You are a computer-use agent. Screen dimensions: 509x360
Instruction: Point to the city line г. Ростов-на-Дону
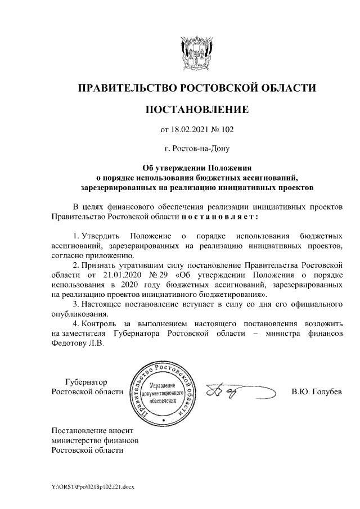[196, 149]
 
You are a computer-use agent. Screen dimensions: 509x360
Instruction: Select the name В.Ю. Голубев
[316, 391]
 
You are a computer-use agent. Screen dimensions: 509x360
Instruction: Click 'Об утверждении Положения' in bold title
[196, 167]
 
